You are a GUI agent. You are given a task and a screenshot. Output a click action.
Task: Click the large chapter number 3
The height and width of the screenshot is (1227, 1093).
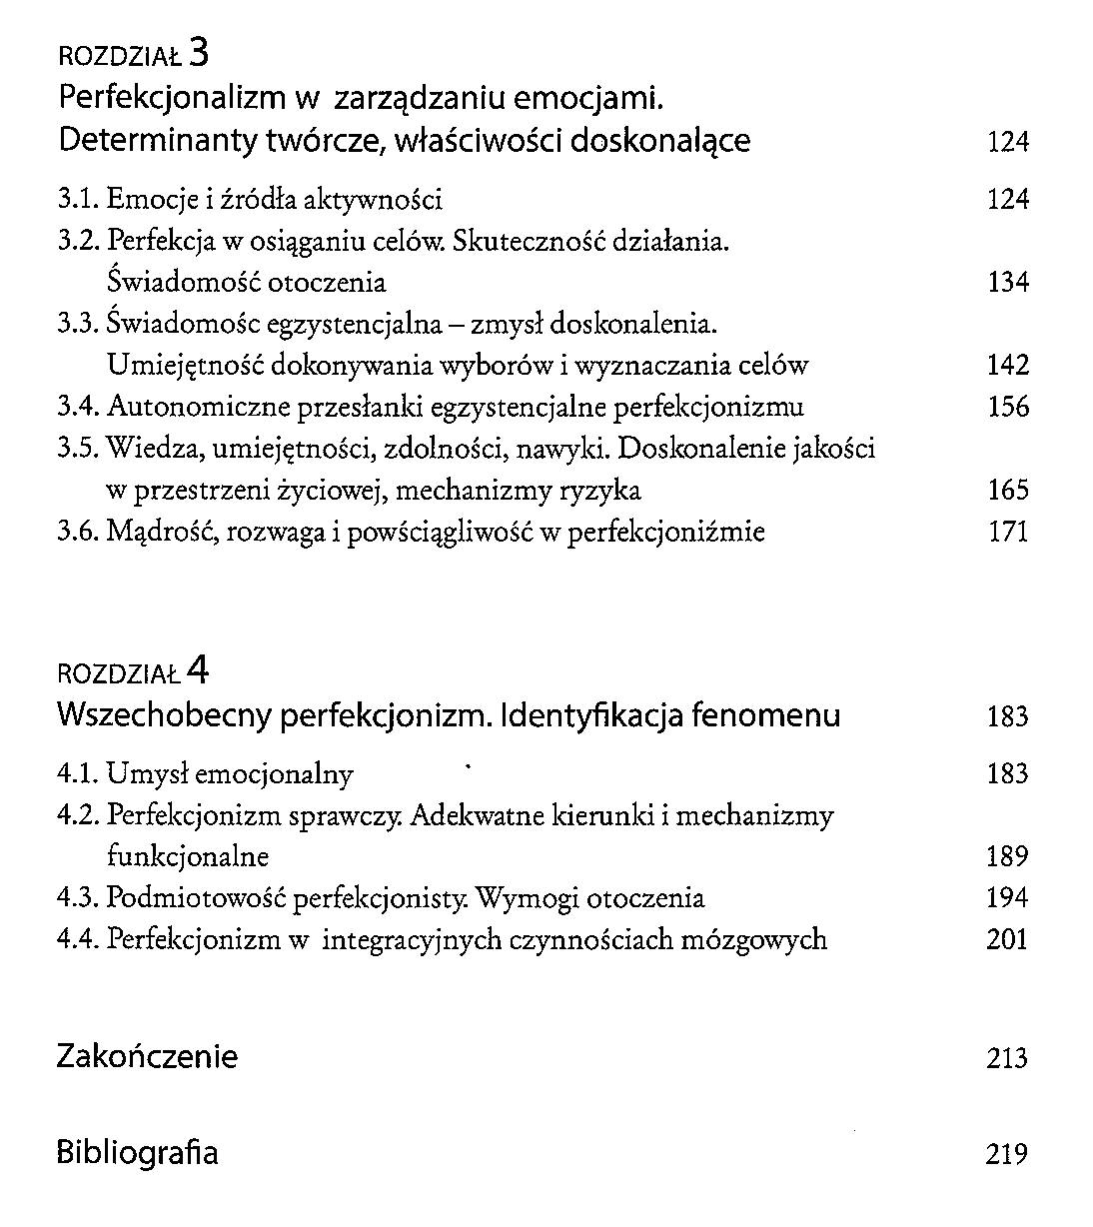[x=198, y=52]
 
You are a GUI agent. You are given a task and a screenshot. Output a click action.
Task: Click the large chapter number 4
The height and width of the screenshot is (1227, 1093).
[x=198, y=668]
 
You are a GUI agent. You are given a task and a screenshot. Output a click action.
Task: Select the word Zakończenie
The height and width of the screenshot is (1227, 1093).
[x=147, y=1056]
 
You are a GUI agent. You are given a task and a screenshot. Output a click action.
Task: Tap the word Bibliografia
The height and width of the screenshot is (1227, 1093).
[x=137, y=1152]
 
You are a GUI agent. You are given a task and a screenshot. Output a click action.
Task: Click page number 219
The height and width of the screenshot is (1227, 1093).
[x=1006, y=1154]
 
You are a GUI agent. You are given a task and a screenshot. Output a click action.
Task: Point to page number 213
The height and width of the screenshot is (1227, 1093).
[x=1006, y=1058]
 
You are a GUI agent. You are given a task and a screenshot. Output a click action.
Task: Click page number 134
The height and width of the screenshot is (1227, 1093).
[x=1007, y=283]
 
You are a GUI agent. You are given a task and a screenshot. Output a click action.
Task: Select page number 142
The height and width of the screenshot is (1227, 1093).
[x=1007, y=366]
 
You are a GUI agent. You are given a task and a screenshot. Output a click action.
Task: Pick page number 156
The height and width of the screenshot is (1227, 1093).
[x=1007, y=408]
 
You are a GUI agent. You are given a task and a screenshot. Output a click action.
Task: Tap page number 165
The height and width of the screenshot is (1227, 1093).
[x=1007, y=491]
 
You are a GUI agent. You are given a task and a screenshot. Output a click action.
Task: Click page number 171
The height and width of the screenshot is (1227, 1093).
[x=1007, y=532]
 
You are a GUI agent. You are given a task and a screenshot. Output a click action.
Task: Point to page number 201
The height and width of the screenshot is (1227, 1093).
[x=1006, y=940]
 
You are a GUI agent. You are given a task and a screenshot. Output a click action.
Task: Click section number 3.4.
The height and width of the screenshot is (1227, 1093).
[x=77, y=408]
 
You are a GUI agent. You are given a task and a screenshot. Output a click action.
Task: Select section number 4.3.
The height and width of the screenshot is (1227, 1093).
[x=77, y=898]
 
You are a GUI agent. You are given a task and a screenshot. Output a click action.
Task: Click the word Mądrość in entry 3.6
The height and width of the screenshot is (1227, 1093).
[x=161, y=533]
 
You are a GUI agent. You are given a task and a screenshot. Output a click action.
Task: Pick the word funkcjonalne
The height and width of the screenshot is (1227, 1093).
[x=188, y=856]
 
